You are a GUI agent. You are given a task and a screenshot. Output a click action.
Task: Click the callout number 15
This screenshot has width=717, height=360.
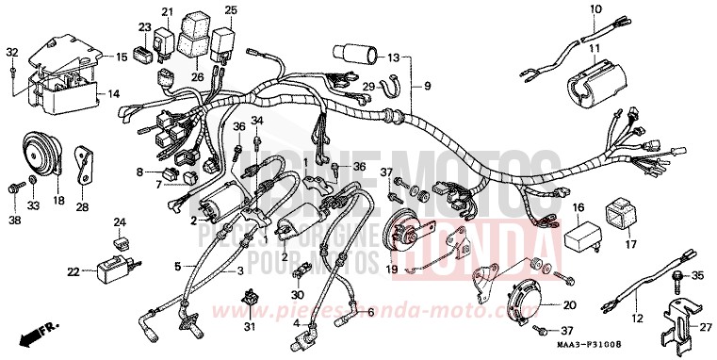(121, 57)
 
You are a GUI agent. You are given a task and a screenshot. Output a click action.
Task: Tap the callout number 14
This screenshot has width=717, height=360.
(113, 94)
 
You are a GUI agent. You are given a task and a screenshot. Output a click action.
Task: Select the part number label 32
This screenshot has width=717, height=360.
(11, 51)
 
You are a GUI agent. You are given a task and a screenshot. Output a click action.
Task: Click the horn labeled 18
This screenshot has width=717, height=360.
(41, 152)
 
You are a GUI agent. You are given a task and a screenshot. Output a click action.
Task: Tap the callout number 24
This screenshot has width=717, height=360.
(120, 223)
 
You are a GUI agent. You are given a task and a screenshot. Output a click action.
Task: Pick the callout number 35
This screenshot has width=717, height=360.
(697, 276)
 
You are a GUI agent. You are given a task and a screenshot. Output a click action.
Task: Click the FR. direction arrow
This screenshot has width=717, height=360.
(36, 332)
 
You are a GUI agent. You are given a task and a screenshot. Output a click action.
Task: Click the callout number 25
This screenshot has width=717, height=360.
(230, 10)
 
